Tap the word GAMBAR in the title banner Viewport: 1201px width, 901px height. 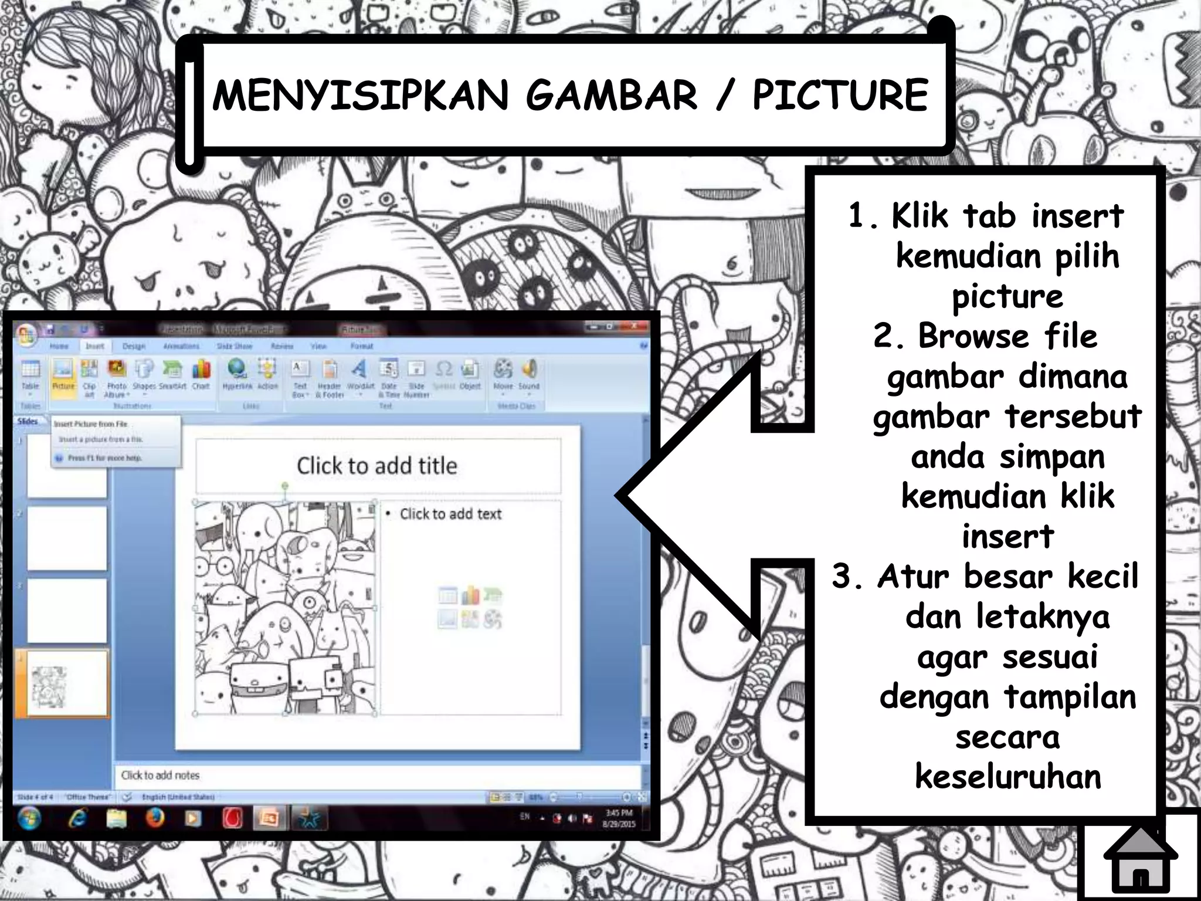[x=611, y=95]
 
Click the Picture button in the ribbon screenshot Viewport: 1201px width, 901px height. [x=63, y=375]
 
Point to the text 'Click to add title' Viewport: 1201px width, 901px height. [x=376, y=466]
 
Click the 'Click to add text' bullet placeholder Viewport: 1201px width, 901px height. [x=450, y=514]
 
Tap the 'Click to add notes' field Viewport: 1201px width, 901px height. [x=160, y=775]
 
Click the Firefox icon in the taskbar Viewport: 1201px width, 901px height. [x=155, y=818]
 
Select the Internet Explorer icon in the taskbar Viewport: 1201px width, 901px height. [x=77, y=818]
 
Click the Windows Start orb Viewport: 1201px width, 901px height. [x=29, y=818]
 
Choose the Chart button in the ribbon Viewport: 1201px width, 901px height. [x=201, y=375]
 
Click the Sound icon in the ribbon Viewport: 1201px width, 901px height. [x=529, y=375]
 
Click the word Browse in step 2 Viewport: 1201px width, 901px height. [x=973, y=337]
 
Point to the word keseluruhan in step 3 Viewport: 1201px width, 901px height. [x=1007, y=777]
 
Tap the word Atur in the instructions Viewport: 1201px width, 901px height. [x=912, y=576]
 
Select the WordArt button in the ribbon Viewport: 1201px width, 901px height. [x=359, y=375]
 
